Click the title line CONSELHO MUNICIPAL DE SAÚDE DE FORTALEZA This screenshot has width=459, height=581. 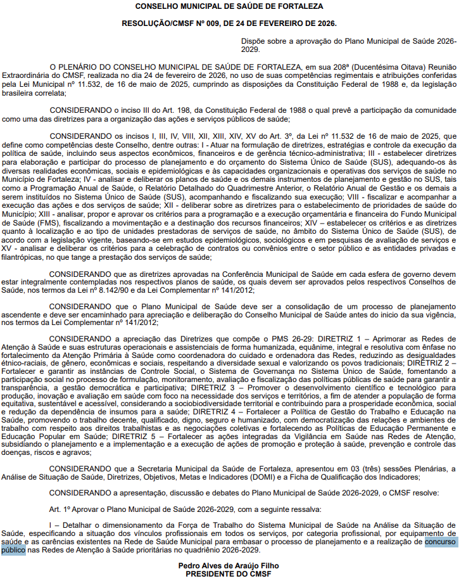[229, 6]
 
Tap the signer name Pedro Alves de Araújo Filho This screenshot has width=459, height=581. [229, 565]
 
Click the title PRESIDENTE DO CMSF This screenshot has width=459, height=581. [229, 574]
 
